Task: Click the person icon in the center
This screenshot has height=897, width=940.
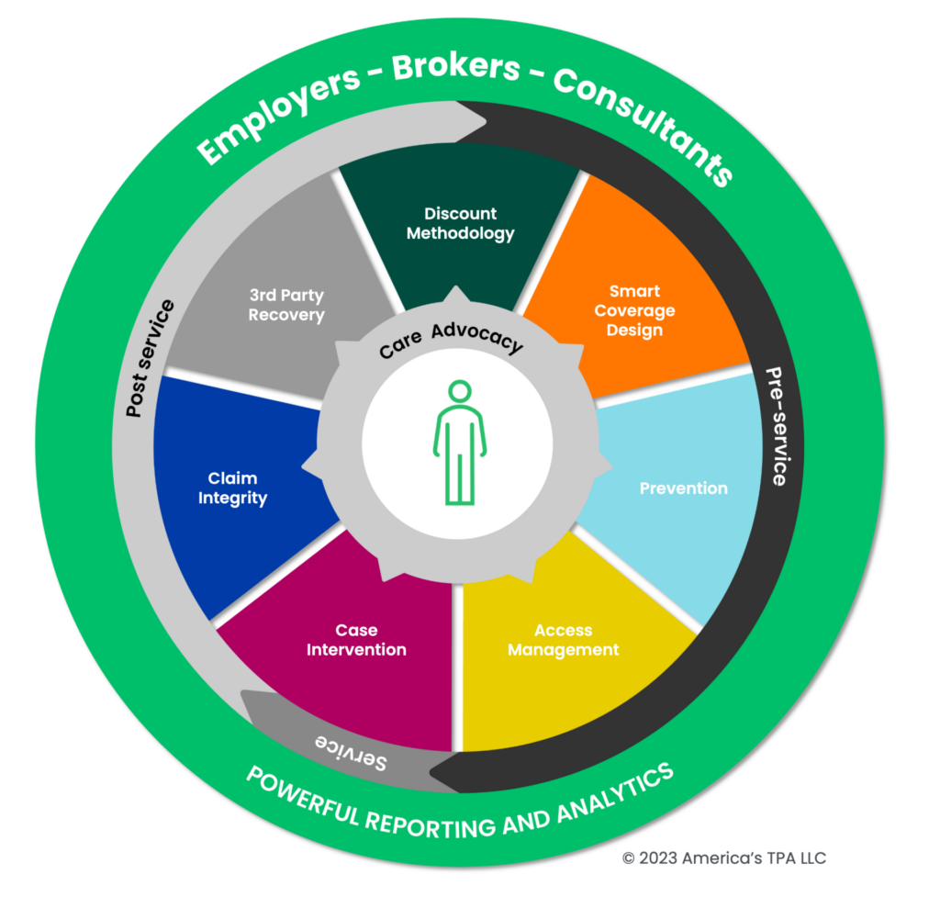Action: [x=459, y=443]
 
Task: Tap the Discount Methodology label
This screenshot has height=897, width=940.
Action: [x=460, y=223]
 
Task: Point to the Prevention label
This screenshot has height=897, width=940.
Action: [x=683, y=488]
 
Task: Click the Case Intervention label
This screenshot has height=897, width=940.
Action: [x=356, y=640]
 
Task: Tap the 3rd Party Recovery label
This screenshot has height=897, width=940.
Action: [x=286, y=305]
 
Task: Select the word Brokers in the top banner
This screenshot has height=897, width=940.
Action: [x=457, y=69]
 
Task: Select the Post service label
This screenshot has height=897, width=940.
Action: [x=150, y=359]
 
